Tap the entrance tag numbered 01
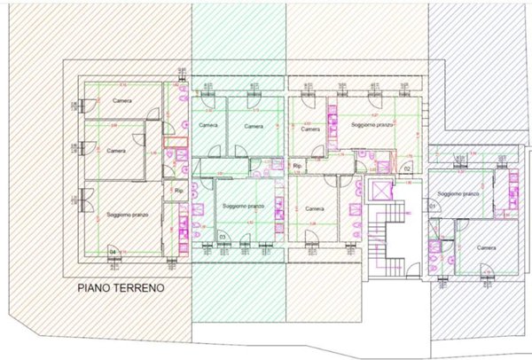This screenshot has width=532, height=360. tap(434, 206)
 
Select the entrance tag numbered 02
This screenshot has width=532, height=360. tap(407, 168)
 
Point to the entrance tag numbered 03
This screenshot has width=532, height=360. tap(223, 237)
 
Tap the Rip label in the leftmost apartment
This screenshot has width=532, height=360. tap(178, 190)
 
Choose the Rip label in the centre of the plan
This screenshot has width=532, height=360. tap(298, 165)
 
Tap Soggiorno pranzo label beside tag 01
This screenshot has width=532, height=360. tap(458, 192)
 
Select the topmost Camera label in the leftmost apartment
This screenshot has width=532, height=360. tap(122, 100)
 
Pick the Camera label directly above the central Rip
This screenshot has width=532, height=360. tap(309, 129)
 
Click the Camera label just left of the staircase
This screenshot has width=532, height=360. tap(314, 208)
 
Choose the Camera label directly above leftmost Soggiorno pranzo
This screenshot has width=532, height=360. tap(116, 151)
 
